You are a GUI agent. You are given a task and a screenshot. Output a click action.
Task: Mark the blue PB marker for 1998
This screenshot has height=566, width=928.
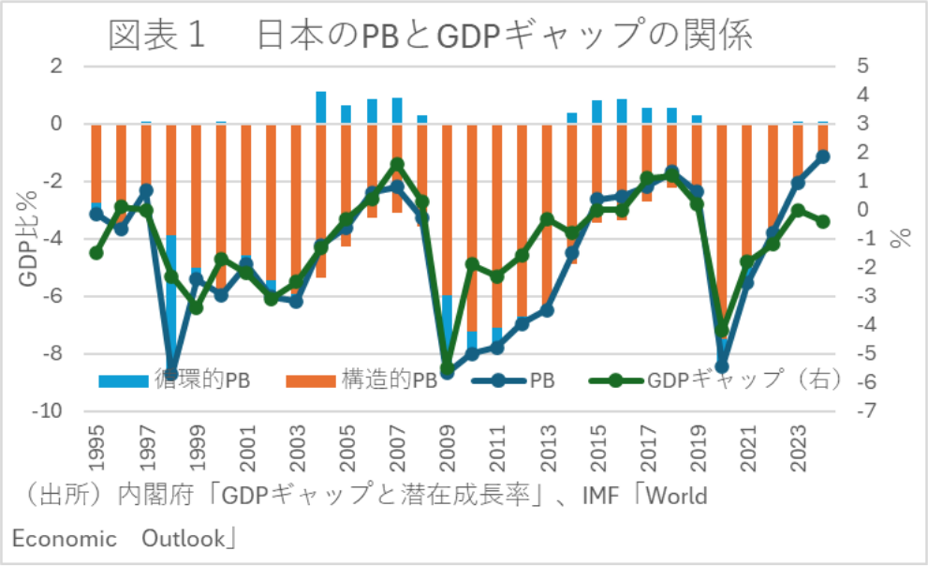pyautogui.click(x=171, y=373)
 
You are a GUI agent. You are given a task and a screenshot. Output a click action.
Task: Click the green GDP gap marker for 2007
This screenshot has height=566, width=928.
pyautogui.click(x=397, y=164)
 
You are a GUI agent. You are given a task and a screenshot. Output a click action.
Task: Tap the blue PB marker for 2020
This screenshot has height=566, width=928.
pyautogui.click(x=722, y=366)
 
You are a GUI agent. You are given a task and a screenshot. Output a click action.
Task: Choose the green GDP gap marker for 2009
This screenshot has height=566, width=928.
pyautogui.click(x=448, y=367)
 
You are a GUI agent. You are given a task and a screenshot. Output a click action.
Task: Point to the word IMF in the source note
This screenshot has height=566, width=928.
pyautogui.click(x=589, y=495)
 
